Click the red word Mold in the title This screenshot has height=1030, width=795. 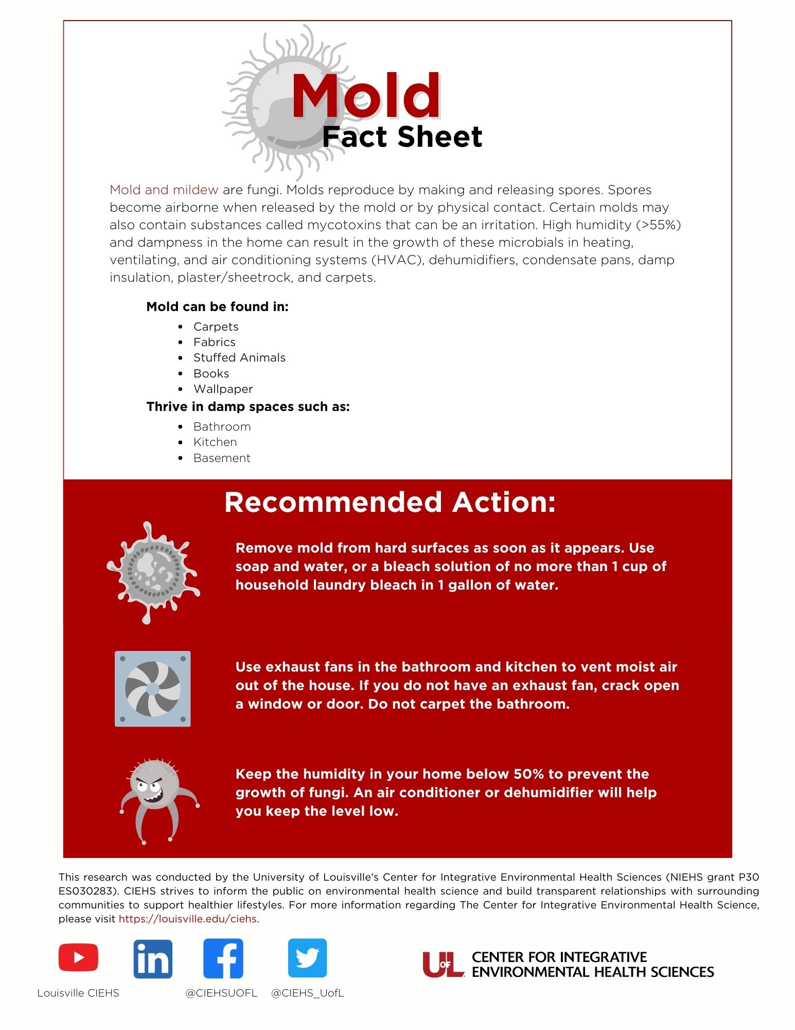(x=365, y=96)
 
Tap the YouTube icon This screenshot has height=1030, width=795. (x=78, y=958)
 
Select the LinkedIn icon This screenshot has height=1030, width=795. (x=153, y=959)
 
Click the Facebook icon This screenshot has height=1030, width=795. (x=223, y=958)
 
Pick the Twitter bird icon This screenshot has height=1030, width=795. (x=307, y=958)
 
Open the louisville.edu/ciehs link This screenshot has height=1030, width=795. (x=188, y=919)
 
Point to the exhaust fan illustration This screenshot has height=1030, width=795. (x=153, y=689)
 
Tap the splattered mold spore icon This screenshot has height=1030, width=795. (x=153, y=572)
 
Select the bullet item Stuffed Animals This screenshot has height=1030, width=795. (x=239, y=358)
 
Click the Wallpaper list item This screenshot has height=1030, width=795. (x=223, y=389)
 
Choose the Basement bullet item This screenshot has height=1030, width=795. (x=222, y=458)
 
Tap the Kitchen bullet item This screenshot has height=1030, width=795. (x=215, y=442)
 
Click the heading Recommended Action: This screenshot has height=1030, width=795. (x=390, y=502)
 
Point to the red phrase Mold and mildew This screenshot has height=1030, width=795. (x=164, y=190)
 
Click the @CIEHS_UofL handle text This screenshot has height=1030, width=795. (x=307, y=993)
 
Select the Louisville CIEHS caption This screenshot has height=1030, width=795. (x=78, y=993)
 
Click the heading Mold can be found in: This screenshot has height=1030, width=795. (x=217, y=307)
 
